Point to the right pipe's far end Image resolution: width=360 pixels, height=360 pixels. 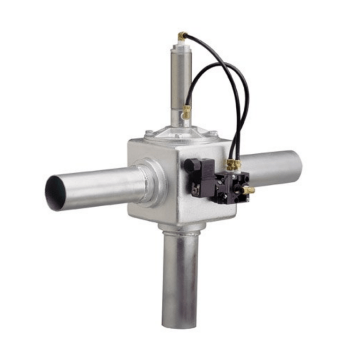tap(295, 162)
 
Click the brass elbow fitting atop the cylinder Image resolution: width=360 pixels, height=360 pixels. tap(182, 36)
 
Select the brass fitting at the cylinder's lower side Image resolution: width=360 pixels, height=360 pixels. tap(187, 112)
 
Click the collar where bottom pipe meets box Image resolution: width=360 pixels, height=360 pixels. tap(181, 228)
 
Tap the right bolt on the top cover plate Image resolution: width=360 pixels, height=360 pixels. tap(213, 133)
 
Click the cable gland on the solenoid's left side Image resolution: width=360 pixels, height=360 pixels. tap(189, 165)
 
